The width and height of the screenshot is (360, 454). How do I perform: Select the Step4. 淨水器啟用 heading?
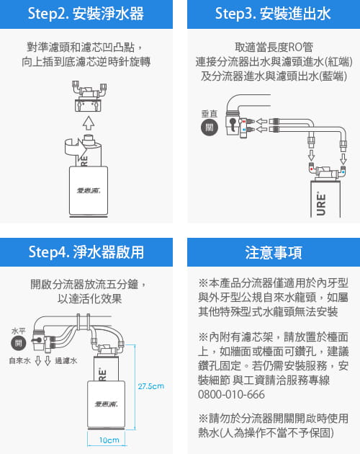(x=86, y=252)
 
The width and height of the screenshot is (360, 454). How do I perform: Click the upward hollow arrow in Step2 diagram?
(x=88, y=119)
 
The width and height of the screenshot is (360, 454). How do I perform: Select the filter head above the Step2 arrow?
(x=88, y=94)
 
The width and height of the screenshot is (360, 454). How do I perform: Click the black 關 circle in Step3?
(x=208, y=125)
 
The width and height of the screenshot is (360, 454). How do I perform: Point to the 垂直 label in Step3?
(x=208, y=112)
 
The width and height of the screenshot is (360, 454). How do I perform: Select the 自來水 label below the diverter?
(x=19, y=360)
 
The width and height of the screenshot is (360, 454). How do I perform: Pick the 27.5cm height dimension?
(x=151, y=386)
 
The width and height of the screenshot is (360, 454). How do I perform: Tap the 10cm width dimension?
(x=109, y=439)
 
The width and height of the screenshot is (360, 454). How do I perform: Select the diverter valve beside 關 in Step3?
(x=235, y=127)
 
